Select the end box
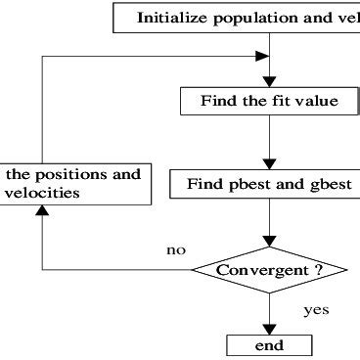pyautogui.click(x=269, y=345)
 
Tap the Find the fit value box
pyautogui.click(x=270, y=100)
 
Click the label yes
pyautogui.click(x=315, y=310)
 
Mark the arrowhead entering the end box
pyautogui.click(x=269, y=330)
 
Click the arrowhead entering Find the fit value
pyautogui.click(x=269, y=82)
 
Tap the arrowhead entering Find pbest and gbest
pyautogui.click(x=269, y=164)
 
